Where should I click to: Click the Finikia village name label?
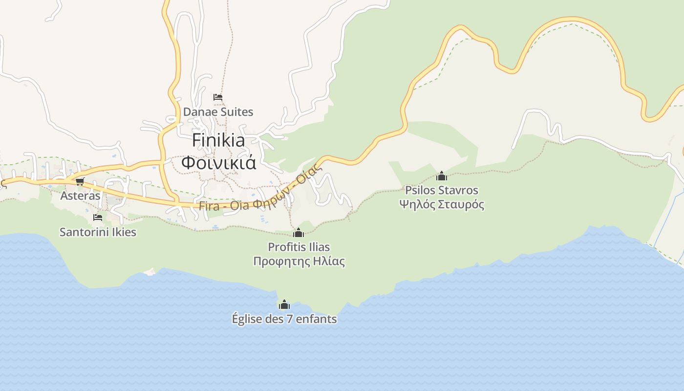point(218,140)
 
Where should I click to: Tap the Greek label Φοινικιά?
point(218,162)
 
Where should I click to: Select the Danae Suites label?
point(218,112)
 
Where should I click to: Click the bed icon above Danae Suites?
point(218,97)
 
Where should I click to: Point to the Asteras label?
point(80,196)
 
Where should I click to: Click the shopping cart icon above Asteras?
point(80,181)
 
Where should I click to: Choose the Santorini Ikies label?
point(98,232)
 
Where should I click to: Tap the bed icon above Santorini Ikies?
point(98,217)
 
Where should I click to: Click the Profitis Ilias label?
point(299,247)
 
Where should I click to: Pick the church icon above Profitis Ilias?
point(299,233)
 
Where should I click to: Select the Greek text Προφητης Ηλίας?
point(299,261)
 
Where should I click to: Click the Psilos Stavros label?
point(441,190)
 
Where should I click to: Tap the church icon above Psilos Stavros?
point(442,176)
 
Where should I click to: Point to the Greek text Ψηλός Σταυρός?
point(441,204)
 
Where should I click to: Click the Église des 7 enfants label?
point(284,319)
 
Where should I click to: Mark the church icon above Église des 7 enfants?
point(284,305)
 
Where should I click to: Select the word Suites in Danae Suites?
point(236,112)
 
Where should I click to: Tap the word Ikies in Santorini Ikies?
point(124,232)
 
